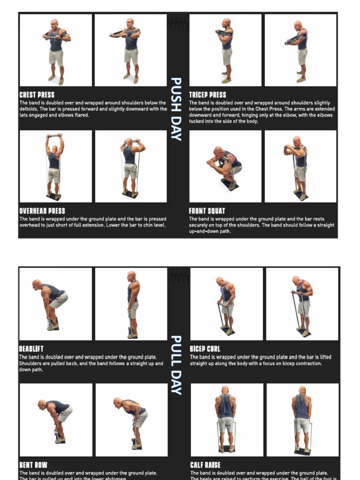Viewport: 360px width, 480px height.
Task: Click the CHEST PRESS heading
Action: (x=37, y=95)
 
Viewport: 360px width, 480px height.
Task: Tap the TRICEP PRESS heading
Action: (x=207, y=95)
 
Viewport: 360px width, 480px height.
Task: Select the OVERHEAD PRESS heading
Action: (x=42, y=211)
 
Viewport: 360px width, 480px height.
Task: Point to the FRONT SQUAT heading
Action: (x=207, y=211)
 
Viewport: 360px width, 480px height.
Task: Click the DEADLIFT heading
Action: (x=31, y=349)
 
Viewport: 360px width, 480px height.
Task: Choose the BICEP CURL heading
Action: (x=205, y=349)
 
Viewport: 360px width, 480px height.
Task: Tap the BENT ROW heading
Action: (x=33, y=465)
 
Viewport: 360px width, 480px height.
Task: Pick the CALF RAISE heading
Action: (x=205, y=465)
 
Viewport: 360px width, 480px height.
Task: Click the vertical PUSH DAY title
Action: (x=176, y=109)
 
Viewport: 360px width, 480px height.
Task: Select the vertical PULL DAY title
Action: (x=176, y=365)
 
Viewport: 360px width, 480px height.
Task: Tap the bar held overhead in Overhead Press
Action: (x=54, y=136)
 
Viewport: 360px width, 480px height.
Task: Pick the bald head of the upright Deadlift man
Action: (x=131, y=276)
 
